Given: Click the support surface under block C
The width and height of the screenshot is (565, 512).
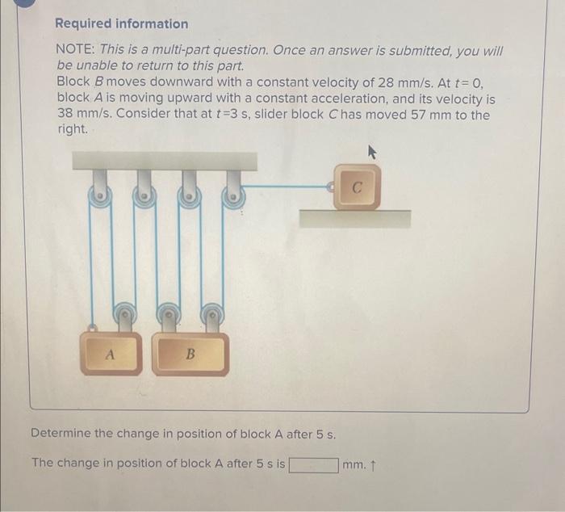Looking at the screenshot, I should click(x=354, y=218).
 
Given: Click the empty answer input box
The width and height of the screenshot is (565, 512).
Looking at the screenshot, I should click(x=313, y=464).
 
